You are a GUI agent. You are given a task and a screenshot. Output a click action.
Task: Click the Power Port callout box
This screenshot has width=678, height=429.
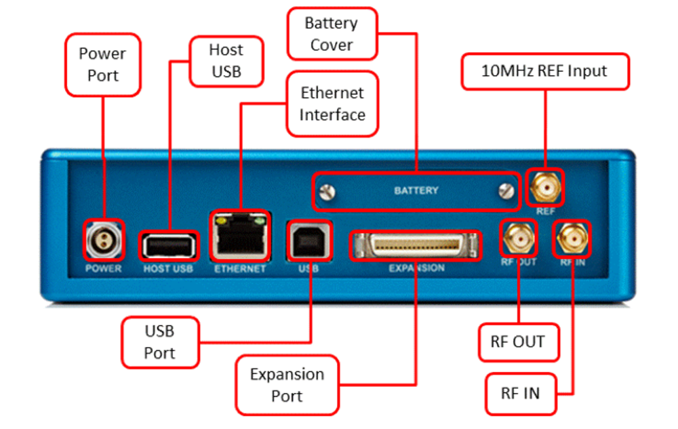(x=102, y=64)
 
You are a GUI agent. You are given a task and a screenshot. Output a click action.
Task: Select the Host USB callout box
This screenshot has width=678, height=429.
(x=226, y=61)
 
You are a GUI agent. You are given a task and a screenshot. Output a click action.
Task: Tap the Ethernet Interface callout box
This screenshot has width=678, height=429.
(x=332, y=104)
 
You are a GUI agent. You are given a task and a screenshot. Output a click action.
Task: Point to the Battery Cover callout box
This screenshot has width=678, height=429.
(x=331, y=35)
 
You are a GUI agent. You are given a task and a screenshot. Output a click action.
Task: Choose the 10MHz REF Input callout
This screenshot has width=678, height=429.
(x=545, y=70)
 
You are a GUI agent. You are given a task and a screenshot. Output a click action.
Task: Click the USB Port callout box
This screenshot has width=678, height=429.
(x=159, y=342)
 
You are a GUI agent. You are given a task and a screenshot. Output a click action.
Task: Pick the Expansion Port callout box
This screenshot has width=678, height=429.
(x=287, y=384)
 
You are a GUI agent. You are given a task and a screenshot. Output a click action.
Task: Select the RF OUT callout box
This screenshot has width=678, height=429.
(x=517, y=342)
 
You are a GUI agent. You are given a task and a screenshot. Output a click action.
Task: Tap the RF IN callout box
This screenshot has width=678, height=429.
(x=521, y=394)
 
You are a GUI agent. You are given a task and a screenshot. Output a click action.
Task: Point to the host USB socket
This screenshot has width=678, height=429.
(x=169, y=246)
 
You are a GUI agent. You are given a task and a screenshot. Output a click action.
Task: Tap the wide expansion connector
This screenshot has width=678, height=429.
(x=416, y=245)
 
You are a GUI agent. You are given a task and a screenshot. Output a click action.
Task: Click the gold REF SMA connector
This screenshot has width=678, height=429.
(x=545, y=187)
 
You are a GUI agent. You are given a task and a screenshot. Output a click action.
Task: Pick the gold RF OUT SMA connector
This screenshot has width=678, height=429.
(x=519, y=238)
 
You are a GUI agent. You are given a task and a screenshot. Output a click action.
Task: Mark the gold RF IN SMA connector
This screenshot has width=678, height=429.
(x=572, y=238)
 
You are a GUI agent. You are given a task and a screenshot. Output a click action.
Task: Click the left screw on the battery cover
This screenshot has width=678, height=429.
(x=329, y=192)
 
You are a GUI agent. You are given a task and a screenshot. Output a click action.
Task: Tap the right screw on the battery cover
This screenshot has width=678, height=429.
(x=504, y=192)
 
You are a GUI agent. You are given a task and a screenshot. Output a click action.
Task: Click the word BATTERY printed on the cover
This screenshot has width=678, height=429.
(x=416, y=190)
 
